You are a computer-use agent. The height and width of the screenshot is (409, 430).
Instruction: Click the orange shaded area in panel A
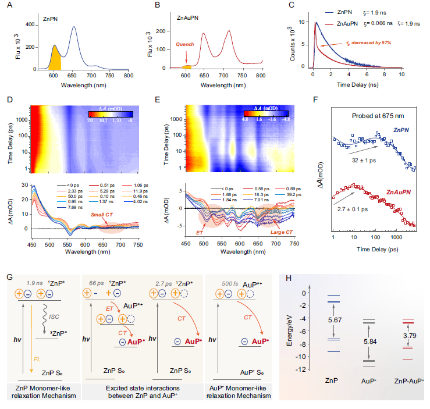coord(55,63)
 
